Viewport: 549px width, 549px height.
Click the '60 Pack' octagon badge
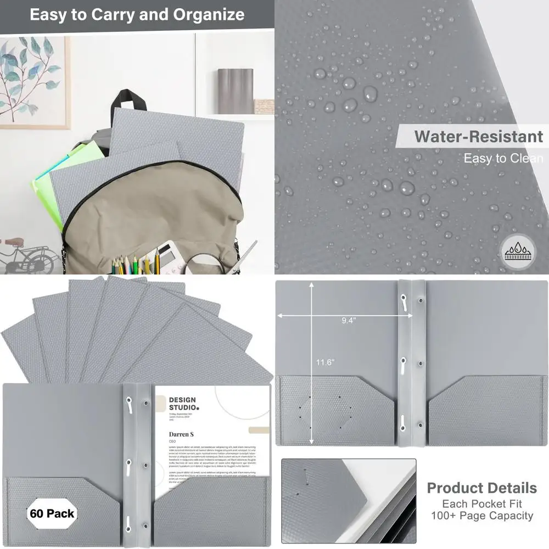tap(53, 514)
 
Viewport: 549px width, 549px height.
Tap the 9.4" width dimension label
tap(347, 321)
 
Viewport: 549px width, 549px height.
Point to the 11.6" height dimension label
tap(325, 362)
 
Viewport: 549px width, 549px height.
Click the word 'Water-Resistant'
tap(478, 137)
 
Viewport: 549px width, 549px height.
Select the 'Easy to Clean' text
tap(503, 159)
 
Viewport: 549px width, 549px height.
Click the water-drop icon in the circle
tap(517, 252)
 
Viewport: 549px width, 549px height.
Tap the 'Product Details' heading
tap(481, 488)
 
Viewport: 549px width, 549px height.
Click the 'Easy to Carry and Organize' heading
tap(137, 14)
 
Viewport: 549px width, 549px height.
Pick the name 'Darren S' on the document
tap(181, 435)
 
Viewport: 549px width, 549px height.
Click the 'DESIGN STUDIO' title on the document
tap(184, 404)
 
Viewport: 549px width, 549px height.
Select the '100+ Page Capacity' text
tap(481, 516)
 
